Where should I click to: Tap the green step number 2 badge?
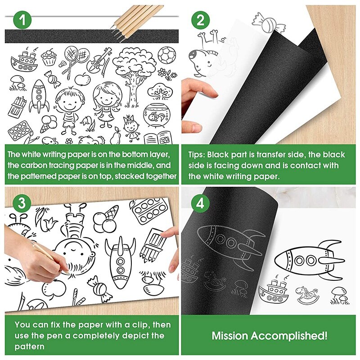200,20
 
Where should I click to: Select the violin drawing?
96,61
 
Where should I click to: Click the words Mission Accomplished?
270,336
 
